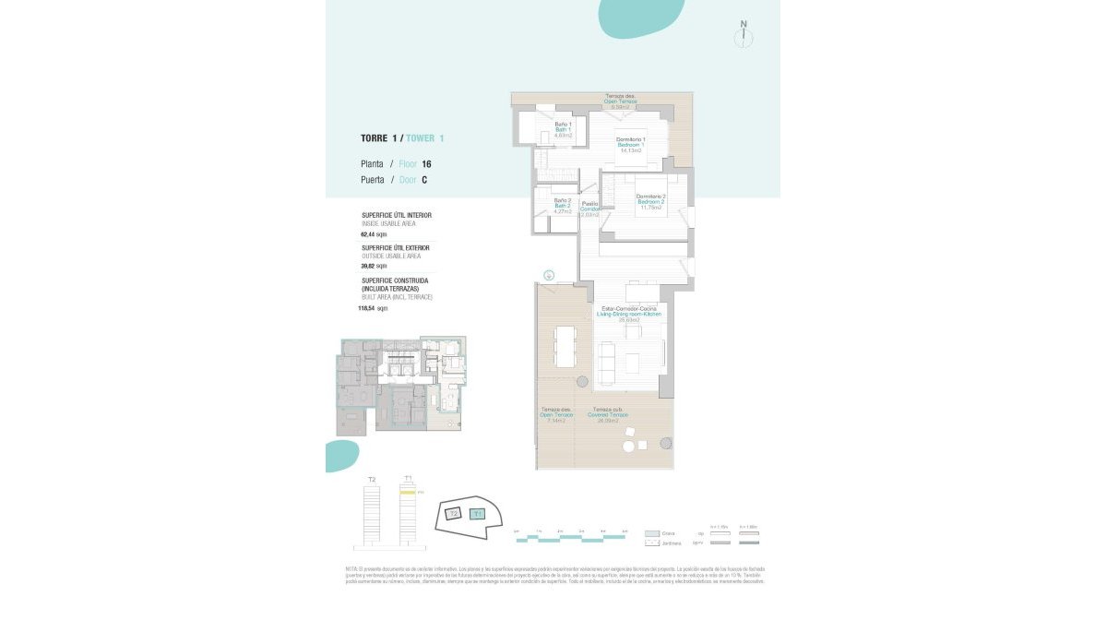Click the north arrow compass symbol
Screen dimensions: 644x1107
pyautogui.click(x=744, y=36)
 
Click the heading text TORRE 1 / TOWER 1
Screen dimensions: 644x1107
pyautogui.click(x=402, y=138)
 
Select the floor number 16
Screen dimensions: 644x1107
pyautogui.click(x=426, y=164)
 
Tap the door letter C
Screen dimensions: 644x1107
pyautogui.click(x=424, y=181)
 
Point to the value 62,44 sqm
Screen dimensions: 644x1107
pyautogui.click(x=375, y=234)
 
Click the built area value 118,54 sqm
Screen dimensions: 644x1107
pyautogui.click(x=373, y=308)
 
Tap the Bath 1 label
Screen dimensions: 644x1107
pyautogui.click(x=564, y=129)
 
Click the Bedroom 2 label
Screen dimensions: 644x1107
pyautogui.click(x=650, y=201)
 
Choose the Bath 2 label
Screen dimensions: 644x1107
pyautogui.click(x=563, y=206)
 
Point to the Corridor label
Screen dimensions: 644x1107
pyautogui.click(x=589, y=209)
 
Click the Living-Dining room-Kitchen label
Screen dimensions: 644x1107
pyautogui.click(x=629, y=314)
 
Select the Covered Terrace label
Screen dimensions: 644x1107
pyautogui.click(x=608, y=415)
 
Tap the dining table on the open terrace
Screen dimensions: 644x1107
pyautogui.click(x=564, y=345)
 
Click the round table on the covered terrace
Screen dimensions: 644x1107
pyautogui.click(x=629, y=447)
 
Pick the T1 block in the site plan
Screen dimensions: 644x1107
pyautogui.click(x=477, y=515)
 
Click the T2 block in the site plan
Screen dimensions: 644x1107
pyautogui.click(x=453, y=514)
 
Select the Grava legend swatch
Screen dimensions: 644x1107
pyautogui.click(x=652, y=533)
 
